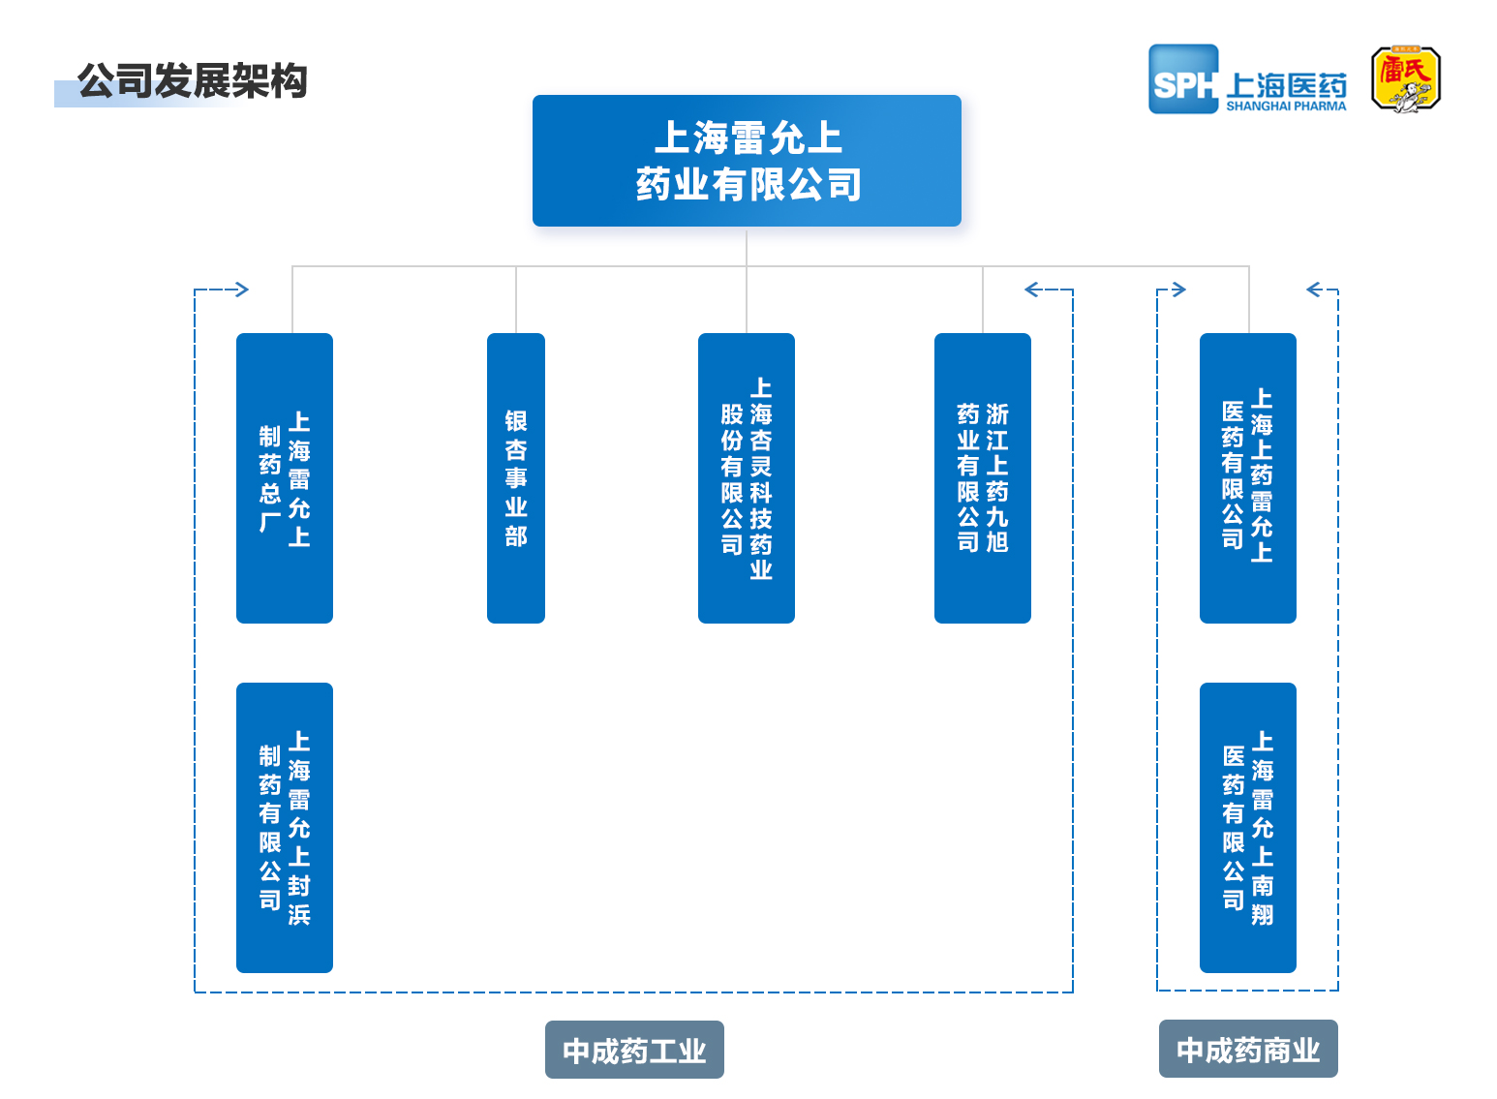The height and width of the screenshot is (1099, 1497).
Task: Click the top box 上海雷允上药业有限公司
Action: (747, 161)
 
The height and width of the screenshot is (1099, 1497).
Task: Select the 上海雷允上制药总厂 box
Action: (285, 478)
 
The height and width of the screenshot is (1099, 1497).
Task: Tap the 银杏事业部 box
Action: (516, 478)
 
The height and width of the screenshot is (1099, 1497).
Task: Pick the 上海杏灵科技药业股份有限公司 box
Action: (747, 478)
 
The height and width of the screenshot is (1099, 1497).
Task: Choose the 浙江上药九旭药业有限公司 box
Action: (983, 478)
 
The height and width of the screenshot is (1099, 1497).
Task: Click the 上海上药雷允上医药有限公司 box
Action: (1248, 478)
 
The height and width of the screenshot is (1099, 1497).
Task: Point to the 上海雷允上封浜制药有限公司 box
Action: (285, 828)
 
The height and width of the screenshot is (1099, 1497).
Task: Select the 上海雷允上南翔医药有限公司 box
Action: (1248, 828)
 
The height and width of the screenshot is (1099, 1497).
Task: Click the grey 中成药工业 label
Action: (634, 1050)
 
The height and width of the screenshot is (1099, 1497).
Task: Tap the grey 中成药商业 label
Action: (1248, 1049)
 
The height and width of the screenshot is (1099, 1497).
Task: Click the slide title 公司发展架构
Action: (193, 81)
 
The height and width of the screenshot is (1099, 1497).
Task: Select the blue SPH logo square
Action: (1183, 79)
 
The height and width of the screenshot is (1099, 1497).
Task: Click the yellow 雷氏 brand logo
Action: (1406, 78)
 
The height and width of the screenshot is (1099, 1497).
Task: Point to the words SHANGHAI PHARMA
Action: (1286, 107)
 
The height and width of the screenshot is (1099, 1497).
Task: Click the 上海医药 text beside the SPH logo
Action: (1286, 85)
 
